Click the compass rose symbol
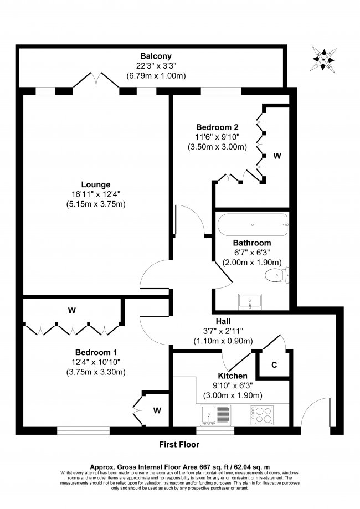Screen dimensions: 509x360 pos(323,58)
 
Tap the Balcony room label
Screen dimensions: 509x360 pos(156,56)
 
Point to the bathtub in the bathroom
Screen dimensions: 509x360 pos(253,225)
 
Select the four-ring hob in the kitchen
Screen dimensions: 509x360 pos(262,414)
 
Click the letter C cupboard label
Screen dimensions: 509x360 pos(274,366)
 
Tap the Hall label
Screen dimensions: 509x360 pos(223,321)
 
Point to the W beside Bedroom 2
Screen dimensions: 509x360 pos(277,156)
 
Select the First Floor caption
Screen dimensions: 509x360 pos(179,444)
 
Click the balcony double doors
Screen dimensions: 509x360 pos(97,82)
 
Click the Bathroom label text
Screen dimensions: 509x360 pos(251,243)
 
